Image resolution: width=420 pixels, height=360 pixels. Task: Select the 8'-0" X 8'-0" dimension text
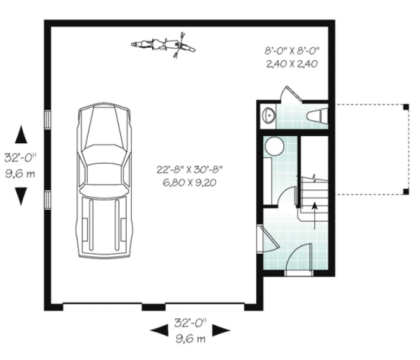[292, 52]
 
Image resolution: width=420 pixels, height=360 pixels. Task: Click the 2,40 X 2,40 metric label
[291, 63]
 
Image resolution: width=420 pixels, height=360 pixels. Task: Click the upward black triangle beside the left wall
[21, 133]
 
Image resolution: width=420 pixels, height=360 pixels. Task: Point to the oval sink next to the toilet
[267, 115]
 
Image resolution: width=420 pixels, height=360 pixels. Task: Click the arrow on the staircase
[313, 214]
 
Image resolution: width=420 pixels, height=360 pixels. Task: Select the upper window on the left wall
[48, 119]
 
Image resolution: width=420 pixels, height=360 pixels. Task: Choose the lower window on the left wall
[48, 198]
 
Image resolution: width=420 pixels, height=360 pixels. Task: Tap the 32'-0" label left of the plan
[20, 158]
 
